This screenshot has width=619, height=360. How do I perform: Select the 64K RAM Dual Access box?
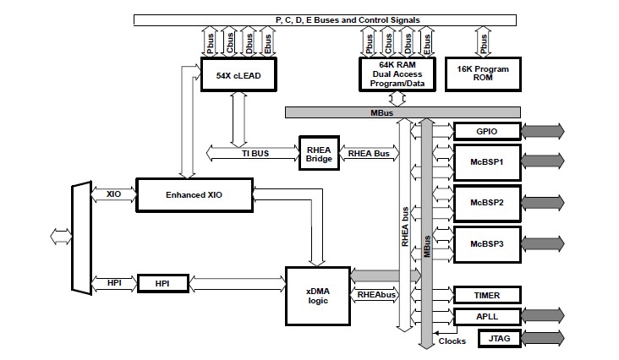click(396, 74)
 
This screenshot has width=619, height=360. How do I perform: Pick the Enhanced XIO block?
click(194, 194)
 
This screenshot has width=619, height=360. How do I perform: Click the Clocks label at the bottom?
click(452, 341)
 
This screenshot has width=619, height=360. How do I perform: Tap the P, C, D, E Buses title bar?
click(336, 19)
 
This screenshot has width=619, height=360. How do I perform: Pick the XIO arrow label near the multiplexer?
click(114, 194)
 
